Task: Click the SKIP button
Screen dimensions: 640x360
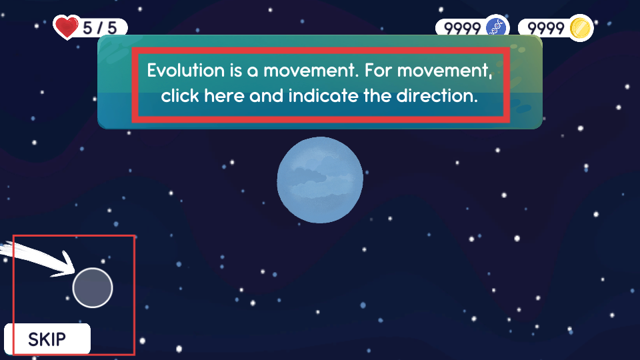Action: click(47, 339)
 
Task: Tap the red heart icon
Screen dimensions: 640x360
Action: click(66, 27)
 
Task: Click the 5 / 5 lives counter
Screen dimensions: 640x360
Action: click(99, 28)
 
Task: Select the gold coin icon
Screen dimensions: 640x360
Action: click(581, 28)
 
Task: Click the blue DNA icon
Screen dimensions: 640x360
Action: click(497, 28)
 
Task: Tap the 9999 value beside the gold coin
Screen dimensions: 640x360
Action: click(546, 29)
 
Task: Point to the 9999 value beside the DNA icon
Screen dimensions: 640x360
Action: click(463, 29)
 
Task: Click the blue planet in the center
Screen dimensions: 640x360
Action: click(320, 180)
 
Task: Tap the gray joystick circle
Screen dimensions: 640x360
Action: click(93, 288)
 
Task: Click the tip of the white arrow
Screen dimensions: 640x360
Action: click(75, 272)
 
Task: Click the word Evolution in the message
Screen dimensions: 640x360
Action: click(186, 70)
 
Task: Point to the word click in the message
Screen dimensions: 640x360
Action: click(181, 96)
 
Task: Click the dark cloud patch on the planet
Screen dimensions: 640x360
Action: click(310, 175)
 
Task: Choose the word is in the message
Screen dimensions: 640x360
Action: click(236, 70)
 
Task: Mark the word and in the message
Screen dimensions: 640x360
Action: click(266, 96)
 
